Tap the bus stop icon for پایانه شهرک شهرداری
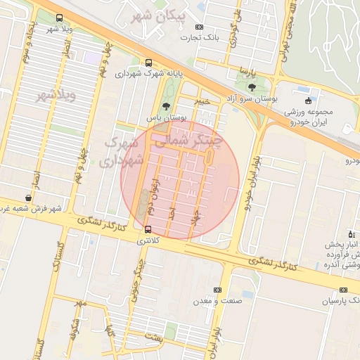click(x=148, y=63)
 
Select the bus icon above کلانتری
click(x=148, y=229)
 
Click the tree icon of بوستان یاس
click(x=166, y=106)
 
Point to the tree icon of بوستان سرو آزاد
click(x=252, y=87)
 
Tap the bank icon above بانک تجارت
click(x=198, y=27)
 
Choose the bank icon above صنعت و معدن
click(x=217, y=290)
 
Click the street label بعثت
click(x=153, y=339)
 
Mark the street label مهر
click(x=80, y=304)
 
